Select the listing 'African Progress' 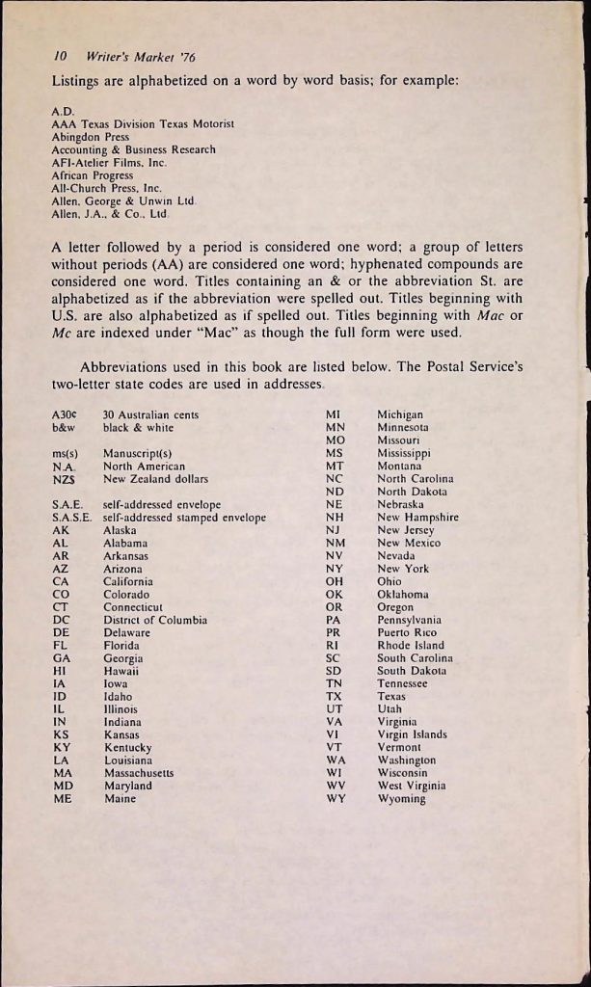pyautogui.click(x=100, y=175)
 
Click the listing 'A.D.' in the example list pyautogui.click(x=61, y=112)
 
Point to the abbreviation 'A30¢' pyautogui.click(x=64, y=414)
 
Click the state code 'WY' pyautogui.click(x=336, y=799)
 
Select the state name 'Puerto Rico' pyautogui.click(x=407, y=633)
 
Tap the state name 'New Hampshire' pyautogui.click(x=417, y=517)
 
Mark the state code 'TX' pyautogui.click(x=335, y=696)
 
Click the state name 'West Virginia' pyautogui.click(x=412, y=786)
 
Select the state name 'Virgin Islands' pyautogui.click(x=412, y=734)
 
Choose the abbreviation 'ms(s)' pyautogui.click(x=65, y=452)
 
